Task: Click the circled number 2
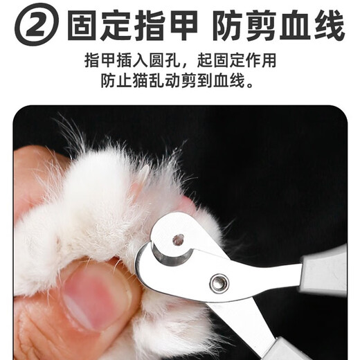coord(34,26)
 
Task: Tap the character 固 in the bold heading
coord(84,26)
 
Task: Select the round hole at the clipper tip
coord(179,240)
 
